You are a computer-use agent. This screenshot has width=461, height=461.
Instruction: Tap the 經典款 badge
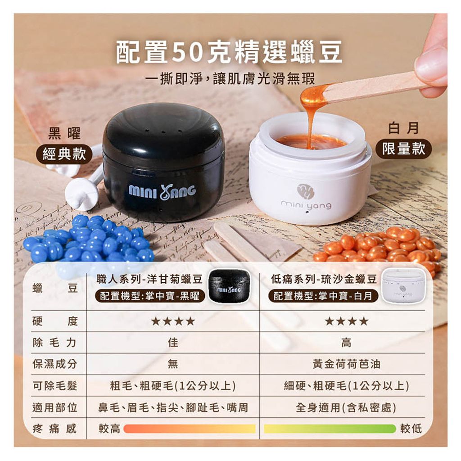tap(64, 155)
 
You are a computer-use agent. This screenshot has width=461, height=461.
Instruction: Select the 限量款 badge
tap(403, 149)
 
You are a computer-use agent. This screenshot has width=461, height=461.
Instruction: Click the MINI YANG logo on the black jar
tap(163, 191)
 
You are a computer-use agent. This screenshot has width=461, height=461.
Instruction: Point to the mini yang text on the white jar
tap(306, 205)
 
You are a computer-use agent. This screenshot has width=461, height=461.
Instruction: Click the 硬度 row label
tap(55, 321)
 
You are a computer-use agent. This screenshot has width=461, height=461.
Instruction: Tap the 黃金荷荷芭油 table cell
tap(346, 364)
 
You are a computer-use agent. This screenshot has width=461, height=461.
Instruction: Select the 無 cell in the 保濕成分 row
tap(173, 364)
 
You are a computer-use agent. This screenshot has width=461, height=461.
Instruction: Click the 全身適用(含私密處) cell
tap(346, 408)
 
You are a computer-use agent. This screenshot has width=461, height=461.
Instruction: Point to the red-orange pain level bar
tap(189, 429)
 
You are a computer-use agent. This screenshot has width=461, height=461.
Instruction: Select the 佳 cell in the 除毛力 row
tap(173, 343)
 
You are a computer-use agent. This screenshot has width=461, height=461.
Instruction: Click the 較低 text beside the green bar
tap(411, 429)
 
